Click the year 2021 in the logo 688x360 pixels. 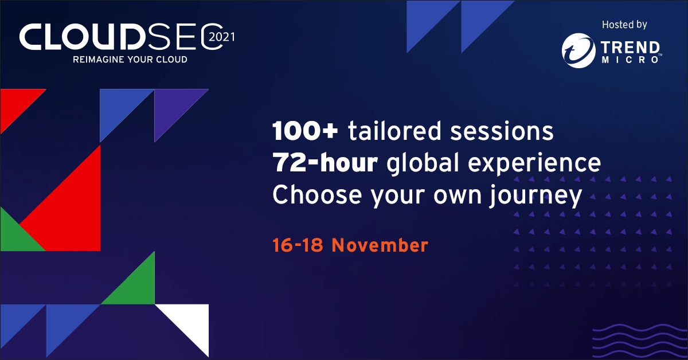tap(221, 37)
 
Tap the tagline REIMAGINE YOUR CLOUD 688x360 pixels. tap(130, 59)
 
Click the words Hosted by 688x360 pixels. tap(624, 25)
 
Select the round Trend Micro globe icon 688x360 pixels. tap(578, 50)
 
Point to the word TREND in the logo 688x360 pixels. tap(630, 48)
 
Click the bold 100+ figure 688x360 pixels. tap(305, 131)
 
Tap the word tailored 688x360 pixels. tap(395, 131)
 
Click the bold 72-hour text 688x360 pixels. tap(325, 162)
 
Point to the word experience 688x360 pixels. tap(534, 165)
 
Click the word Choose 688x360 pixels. tap(317, 195)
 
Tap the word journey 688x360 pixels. tap(535, 197)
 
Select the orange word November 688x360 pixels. tap(380, 245)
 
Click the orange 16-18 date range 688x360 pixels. tap(298, 245)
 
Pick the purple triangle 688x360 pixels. tap(172, 106)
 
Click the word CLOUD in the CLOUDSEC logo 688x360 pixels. tap(83, 37)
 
